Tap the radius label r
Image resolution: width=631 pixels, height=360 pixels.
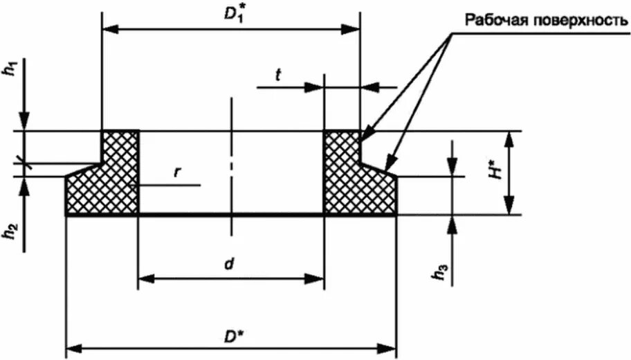coord(177,171)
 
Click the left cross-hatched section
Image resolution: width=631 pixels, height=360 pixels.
coord(104,180)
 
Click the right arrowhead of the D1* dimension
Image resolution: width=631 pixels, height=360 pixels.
coord(353,30)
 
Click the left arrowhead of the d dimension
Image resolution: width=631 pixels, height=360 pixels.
coord(146,279)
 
